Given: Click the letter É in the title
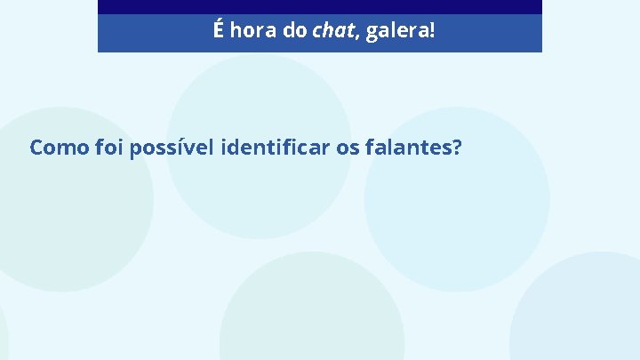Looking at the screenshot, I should pyautogui.click(x=219, y=31).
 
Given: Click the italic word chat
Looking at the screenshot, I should pyautogui.click(x=331, y=32).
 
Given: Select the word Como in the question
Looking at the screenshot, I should pyautogui.click(x=58, y=148).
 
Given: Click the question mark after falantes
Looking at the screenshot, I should pyautogui.click(x=456, y=148).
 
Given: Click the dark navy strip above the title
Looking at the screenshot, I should pyautogui.click(x=319, y=6).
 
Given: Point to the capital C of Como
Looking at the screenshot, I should pyautogui.click(x=36, y=148).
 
